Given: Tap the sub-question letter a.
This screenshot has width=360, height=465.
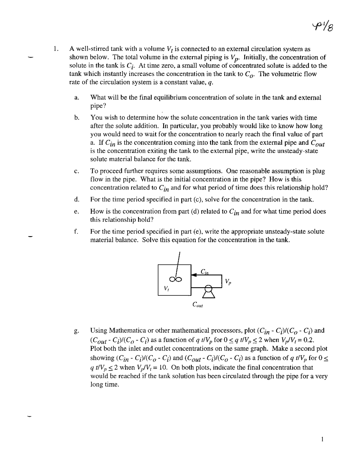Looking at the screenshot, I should point(76,98).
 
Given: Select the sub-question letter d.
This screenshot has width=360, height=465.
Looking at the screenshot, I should point(76,200).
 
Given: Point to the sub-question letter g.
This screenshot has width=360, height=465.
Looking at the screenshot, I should point(76,331).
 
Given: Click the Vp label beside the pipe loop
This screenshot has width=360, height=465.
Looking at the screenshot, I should point(228,281).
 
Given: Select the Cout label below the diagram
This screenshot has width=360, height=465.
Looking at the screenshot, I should point(197,305).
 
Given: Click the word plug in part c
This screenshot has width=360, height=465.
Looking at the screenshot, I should point(319,171).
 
